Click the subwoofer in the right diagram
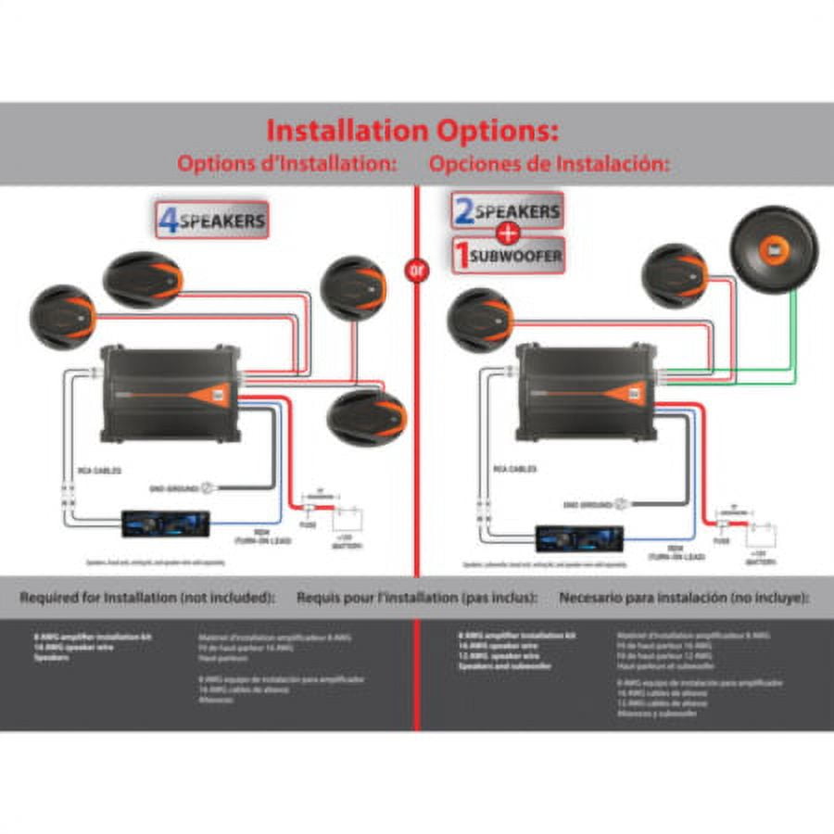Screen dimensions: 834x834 click(x=777, y=251)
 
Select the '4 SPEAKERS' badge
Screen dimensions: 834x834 click(x=212, y=221)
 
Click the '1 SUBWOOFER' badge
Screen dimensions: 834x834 click(x=508, y=255)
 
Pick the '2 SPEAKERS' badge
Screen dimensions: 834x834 click(x=508, y=211)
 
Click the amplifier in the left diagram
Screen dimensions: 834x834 click(x=167, y=393)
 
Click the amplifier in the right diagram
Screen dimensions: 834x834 click(x=583, y=393)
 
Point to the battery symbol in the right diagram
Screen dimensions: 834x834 click(x=762, y=535)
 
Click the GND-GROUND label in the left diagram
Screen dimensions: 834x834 click(x=174, y=486)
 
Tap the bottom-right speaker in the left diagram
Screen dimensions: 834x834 click(x=367, y=417)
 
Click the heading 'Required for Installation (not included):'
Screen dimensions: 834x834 click(x=147, y=599)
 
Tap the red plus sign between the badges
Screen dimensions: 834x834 click(x=508, y=234)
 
